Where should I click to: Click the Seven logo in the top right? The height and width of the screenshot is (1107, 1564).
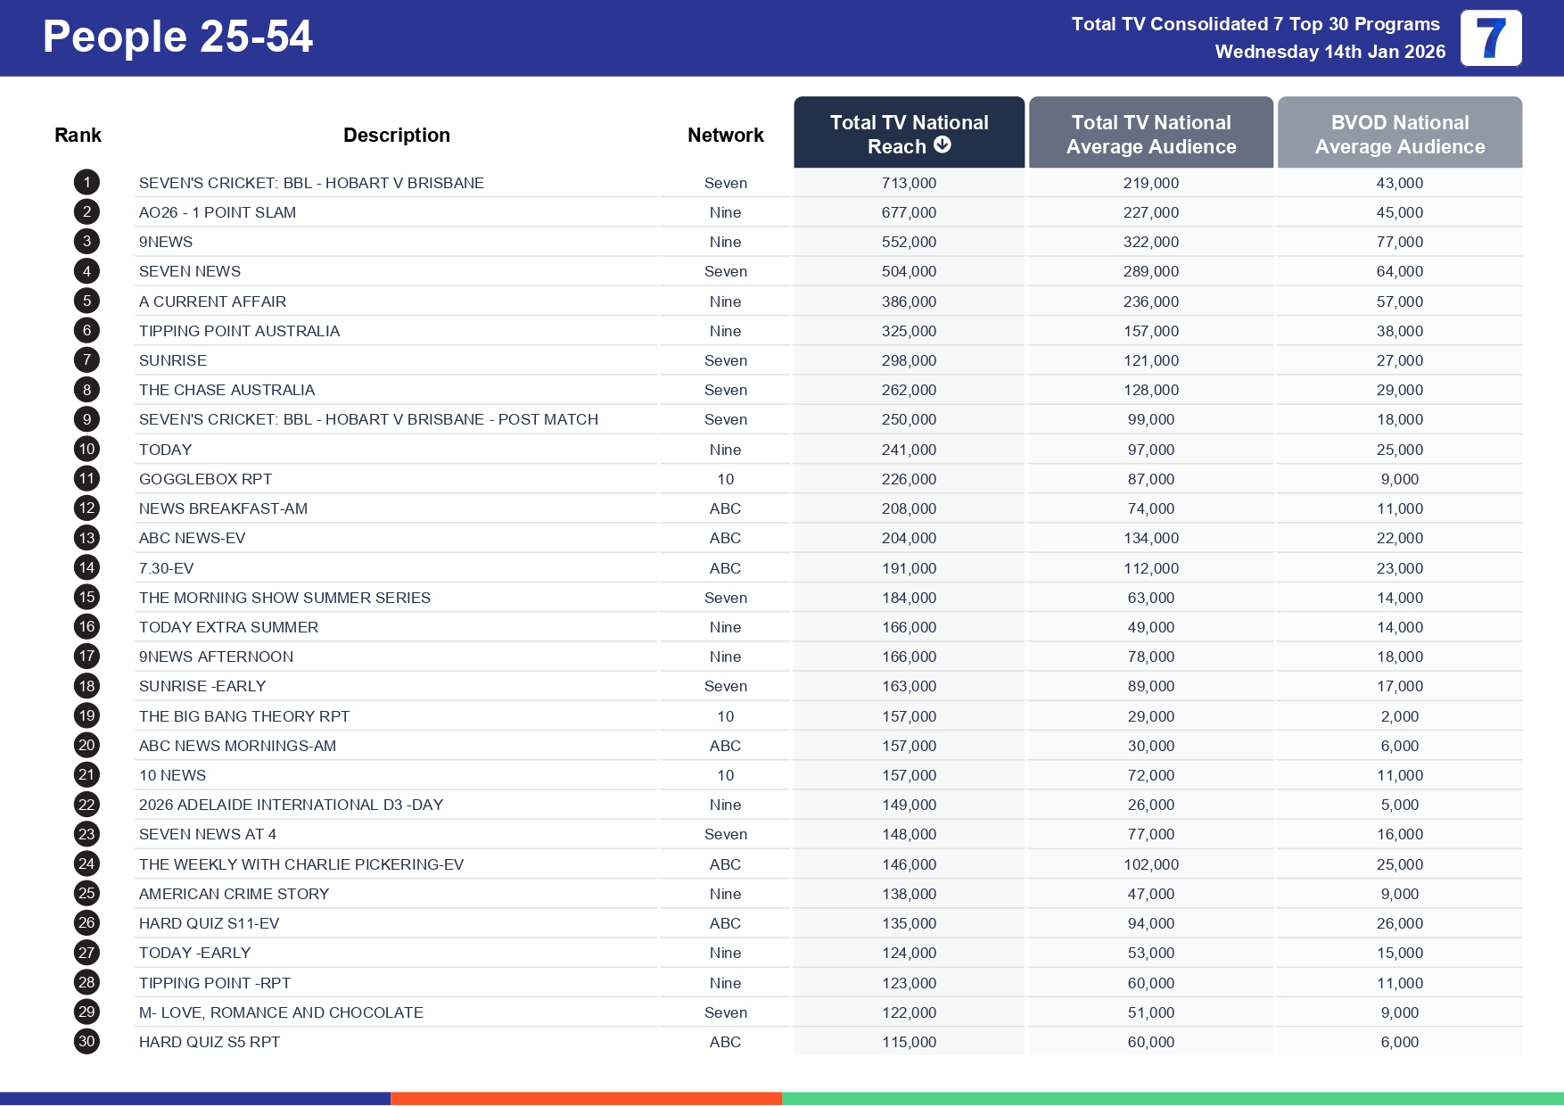click(x=1490, y=38)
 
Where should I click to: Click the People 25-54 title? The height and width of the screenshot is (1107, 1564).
click(x=177, y=37)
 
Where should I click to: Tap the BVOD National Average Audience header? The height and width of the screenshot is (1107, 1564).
click(x=1399, y=134)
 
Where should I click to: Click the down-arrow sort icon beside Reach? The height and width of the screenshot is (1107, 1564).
click(x=943, y=145)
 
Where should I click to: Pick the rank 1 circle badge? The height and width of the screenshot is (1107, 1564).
click(x=86, y=183)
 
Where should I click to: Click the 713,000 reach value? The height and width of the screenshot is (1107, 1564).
click(x=909, y=183)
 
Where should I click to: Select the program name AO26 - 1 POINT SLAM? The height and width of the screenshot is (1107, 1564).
click(x=217, y=212)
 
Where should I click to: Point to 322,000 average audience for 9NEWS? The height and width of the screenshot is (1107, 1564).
click(x=1150, y=242)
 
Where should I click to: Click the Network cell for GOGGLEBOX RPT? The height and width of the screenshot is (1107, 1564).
click(x=725, y=479)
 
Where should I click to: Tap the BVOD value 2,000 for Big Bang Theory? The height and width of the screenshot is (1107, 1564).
click(x=1399, y=716)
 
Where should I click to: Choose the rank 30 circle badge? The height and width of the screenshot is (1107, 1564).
click(x=86, y=1041)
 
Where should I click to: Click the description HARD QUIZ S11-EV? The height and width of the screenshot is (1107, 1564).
click(x=209, y=923)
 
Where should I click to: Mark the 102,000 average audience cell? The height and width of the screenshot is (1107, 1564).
click(x=1150, y=864)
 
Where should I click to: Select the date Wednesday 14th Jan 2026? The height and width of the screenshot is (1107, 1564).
click(x=1329, y=52)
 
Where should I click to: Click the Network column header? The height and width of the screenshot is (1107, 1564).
click(x=725, y=135)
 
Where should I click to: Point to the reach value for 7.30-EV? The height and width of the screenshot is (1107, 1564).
click(x=909, y=568)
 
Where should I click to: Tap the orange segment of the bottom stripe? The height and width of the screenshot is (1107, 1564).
click(x=586, y=1098)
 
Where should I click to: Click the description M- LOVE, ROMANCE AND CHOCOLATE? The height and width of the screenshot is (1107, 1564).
click(x=281, y=1012)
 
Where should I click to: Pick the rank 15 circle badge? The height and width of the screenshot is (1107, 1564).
click(x=86, y=597)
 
